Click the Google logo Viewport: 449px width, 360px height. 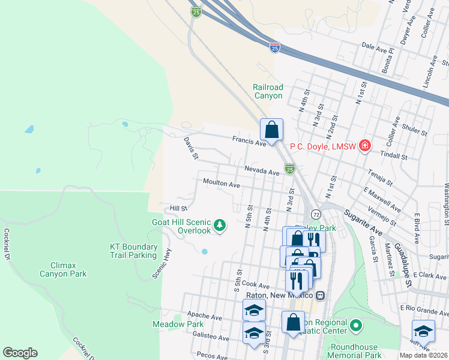click(20, 353)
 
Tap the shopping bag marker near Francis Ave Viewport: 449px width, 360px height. click(271, 130)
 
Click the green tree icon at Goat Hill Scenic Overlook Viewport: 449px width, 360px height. click(221, 226)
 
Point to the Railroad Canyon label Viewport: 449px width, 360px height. click(267, 91)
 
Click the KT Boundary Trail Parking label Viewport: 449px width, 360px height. click(133, 251)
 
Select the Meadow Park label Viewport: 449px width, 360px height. click(178, 325)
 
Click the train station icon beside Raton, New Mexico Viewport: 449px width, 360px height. click(321, 295)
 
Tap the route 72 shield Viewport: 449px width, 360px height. click(315, 214)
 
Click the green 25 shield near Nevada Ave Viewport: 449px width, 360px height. click(290, 169)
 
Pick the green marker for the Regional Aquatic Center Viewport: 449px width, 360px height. click(356, 326)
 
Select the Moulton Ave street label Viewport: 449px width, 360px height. click(221, 184)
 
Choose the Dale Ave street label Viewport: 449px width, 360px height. click(376, 46)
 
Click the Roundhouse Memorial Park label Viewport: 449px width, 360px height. click(356, 351)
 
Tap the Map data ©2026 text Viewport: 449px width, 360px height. click(423, 355)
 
